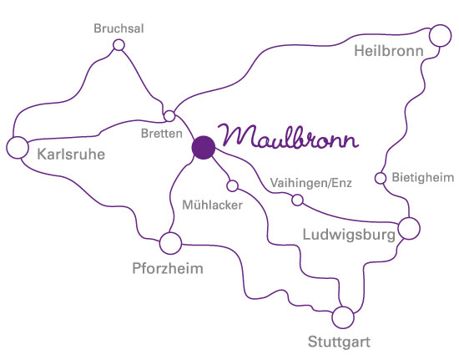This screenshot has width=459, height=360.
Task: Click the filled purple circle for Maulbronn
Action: (203, 147)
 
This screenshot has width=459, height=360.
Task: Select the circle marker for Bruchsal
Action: (119, 45)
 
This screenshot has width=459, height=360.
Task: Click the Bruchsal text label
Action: (119, 28)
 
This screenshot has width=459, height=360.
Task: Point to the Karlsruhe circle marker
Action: (18, 148)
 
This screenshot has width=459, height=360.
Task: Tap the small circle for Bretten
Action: (169, 115)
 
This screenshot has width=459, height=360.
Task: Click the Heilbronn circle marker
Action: (439, 36)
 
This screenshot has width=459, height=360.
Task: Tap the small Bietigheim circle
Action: (380, 178)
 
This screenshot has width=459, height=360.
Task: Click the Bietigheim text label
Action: (421, 178)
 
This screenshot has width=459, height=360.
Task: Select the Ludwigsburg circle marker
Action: (408, 227)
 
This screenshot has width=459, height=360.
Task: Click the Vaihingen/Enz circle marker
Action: (296, 200)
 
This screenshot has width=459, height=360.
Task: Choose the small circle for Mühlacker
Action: (233, 185)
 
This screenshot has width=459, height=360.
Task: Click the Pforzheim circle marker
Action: (170, 243)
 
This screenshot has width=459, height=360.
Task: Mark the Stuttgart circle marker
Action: (342, 317)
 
